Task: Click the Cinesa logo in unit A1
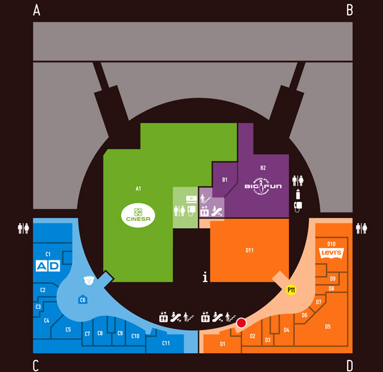(x=138, y=213)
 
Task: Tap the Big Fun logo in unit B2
(x=263, y=184)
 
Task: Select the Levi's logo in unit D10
(x=332, y=253)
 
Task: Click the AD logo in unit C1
(x=48, y=266)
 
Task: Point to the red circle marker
(x=241, y=323)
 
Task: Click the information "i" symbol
(x=205, y=277)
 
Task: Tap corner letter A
(x=36, y=10)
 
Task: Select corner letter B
(x=350, y=10)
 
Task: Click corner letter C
(x=36, y=365)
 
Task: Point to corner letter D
(x=350, y=365)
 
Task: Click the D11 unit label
(x=249, y=249)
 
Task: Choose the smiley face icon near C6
(x=89, y=280)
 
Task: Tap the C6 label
(x=83, y=299)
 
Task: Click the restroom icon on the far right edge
(x=361, y=228)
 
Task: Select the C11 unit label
(x=165, y=343)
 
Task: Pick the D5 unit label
(x=328, y=326)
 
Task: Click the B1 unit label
(x=224, y=180)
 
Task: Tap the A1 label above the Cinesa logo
(x=139, y=189)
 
